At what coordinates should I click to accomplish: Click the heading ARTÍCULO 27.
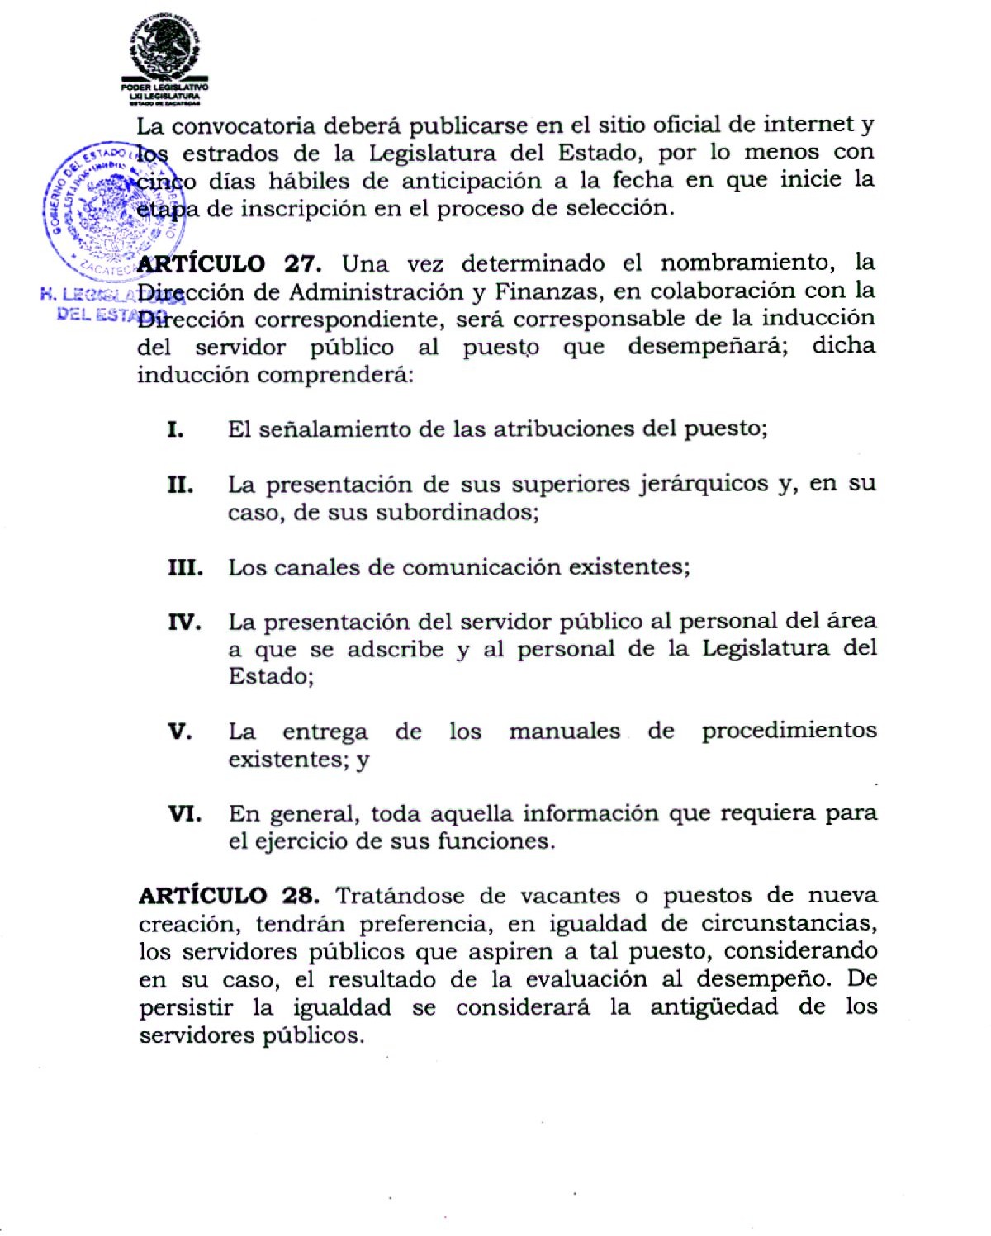[x=229, y=264]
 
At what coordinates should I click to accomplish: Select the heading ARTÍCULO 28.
[x=229, y=896]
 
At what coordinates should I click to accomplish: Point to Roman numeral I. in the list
[x=175, y=429]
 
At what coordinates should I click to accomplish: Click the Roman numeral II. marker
[x=180, y=485]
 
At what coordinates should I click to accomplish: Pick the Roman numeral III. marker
[x=185, y=568]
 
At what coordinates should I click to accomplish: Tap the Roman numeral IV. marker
[x=184, y=622]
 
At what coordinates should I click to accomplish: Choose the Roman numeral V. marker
[x=179, y=732]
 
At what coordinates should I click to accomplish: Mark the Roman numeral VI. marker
[x=184, y=814]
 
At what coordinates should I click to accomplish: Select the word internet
[x=808, y=124]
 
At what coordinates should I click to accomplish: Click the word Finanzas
[x=548, y=291]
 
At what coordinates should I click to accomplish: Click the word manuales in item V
[x=564, y=731]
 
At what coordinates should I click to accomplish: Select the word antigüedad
[x=714, y=1006]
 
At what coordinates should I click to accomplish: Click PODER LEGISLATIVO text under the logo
[x=164, y=87]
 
